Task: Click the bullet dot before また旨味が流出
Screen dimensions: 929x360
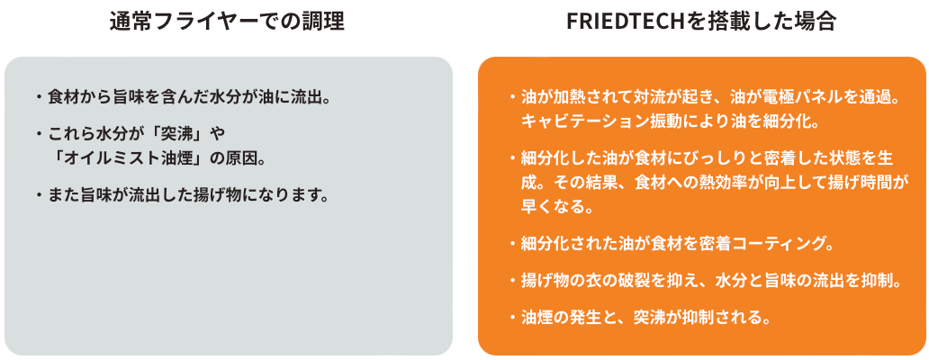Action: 40,193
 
